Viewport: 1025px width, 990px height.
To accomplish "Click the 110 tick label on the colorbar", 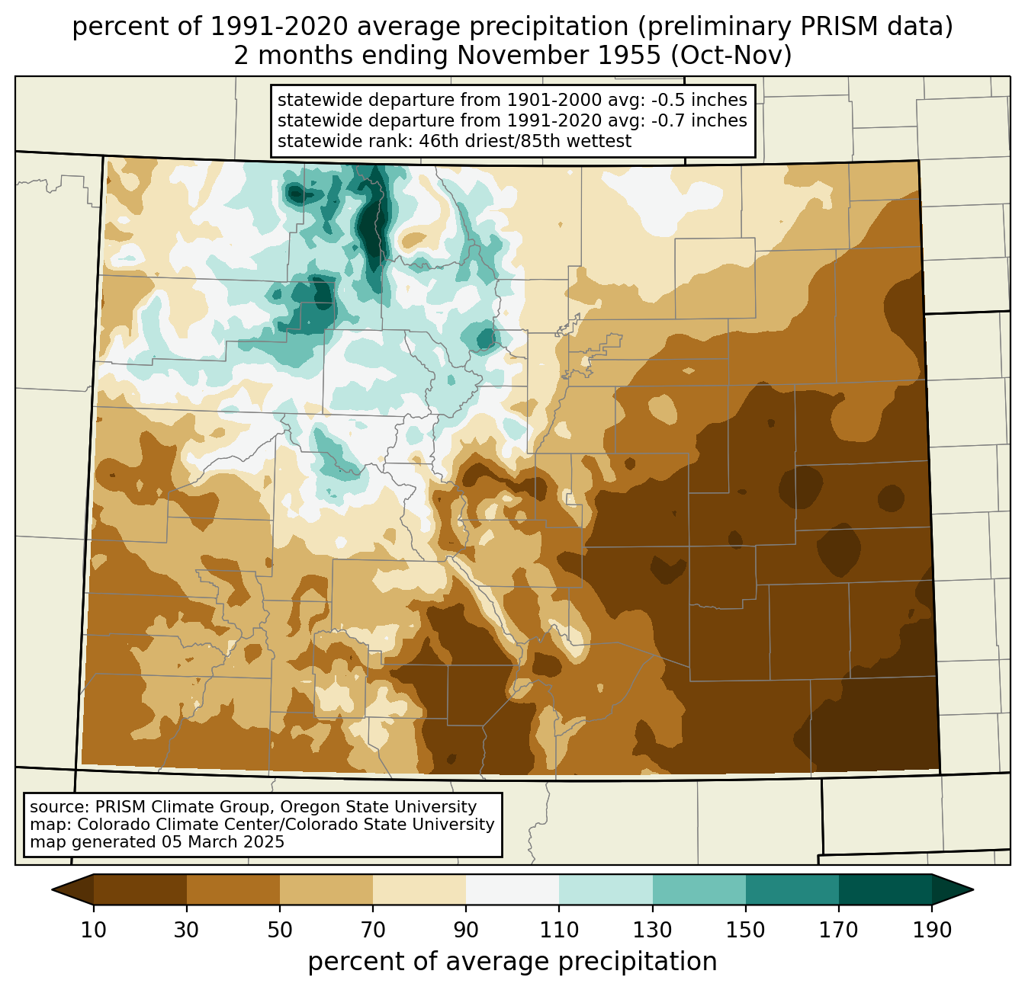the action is [x=559, y=930].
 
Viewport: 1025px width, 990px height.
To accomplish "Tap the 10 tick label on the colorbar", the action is [x=93, y=930].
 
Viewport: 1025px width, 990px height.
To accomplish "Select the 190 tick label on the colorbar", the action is [x=932, y=930].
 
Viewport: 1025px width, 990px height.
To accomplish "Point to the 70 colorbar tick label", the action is [x=373, y=930].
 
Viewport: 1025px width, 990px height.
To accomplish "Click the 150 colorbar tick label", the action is [x=745, y=930].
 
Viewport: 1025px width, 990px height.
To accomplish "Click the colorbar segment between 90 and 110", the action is [x=512, y=889].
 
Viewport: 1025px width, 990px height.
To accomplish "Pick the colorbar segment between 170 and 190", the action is [x=885, y=889].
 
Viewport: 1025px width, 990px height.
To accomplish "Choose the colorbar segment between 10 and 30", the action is [x=140, y=889].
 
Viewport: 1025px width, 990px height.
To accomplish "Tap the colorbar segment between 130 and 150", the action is [x=699, y=889].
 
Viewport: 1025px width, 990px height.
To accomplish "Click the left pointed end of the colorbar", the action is [x=53, y=889].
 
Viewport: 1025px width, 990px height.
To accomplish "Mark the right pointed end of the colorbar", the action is [x=972, y=889].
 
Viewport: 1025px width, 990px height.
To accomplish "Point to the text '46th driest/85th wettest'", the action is [x=525, y=141].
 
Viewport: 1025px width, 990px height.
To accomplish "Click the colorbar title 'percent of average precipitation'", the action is [x=512, y=961].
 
